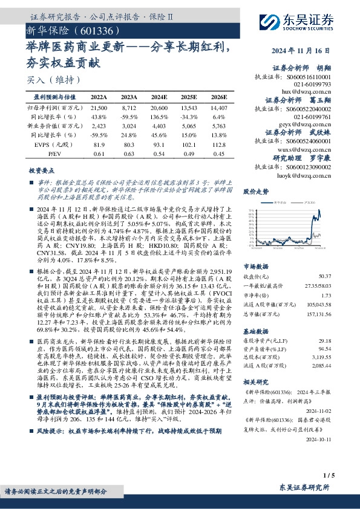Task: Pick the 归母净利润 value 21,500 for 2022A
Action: [x=98, y=106]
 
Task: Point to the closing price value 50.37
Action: [x=341, y=275]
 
